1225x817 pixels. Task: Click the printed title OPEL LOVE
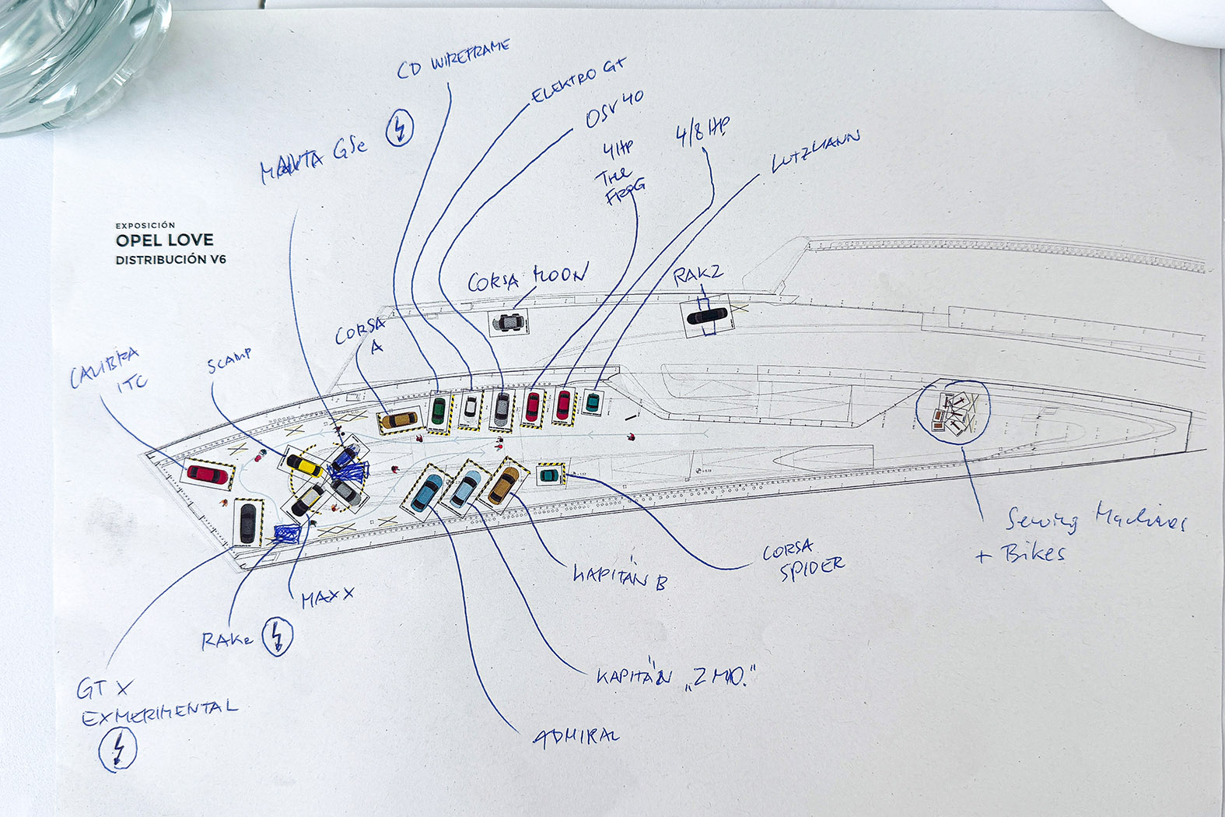tap(164, 240)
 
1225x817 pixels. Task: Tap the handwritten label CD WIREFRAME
tap(453, 59)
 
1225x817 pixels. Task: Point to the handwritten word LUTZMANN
tap(815, 151)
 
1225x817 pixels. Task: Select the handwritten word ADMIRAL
tap(576, 736)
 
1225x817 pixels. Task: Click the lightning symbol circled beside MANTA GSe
tap(401, 127)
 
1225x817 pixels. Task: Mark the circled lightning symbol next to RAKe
tap(277, 636)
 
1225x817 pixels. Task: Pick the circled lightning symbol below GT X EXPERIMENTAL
tap(118, 749)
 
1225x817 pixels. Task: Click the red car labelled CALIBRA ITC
tap(207, 473)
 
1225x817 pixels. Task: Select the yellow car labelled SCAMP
tap(305, 465)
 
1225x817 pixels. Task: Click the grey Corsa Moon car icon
tap(509, 321)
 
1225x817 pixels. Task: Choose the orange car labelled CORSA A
tap(399, 420)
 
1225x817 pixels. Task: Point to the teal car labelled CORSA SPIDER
tap(549, 473)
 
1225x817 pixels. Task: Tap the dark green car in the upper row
tap(439, 410)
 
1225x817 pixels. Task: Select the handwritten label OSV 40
tap(614, 110)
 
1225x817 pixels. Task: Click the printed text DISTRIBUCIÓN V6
tap(170, 260)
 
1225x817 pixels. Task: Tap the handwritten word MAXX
tap(327, 598)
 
